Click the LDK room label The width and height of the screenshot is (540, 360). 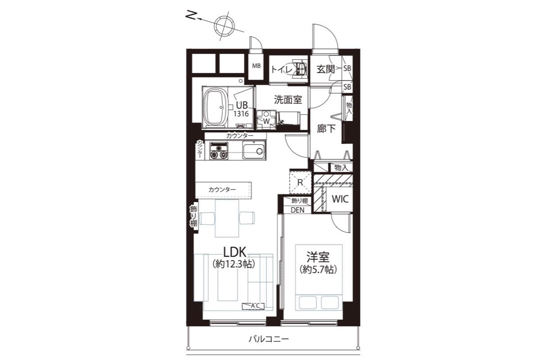pos(235,252)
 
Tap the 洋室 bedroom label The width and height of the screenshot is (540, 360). pos(318,257)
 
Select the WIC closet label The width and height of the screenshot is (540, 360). pos(340,199)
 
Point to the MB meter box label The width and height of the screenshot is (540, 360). pos(256,66)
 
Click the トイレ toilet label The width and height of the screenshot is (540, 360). pos(282,70)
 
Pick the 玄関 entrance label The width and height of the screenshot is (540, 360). pos(326,69)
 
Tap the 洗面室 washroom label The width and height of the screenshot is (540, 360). pos(288,99)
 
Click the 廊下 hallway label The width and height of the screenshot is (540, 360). pos(326,129)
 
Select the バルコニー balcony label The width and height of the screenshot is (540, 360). pos(269,339)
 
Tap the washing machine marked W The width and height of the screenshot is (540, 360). pos(266,120)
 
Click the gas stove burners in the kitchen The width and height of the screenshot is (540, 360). pos(219,151)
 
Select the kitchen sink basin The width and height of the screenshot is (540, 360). pos(254,151)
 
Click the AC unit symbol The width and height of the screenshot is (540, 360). pos(253,306)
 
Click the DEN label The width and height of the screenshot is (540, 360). pos(297,210)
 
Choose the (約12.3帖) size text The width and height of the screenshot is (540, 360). pos(234,264)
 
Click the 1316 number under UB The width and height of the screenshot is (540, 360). pos(241,113)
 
